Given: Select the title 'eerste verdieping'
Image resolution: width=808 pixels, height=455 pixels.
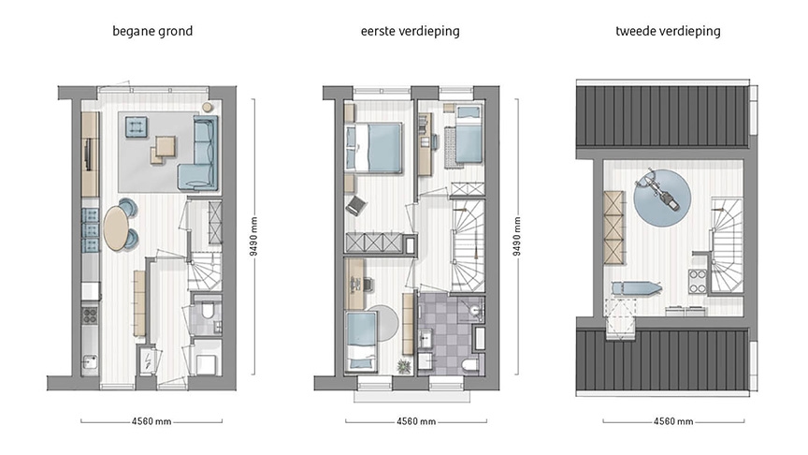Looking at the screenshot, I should click(x=410, y=31).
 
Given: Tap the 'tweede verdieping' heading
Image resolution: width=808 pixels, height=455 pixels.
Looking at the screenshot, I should click(x=668, y=31).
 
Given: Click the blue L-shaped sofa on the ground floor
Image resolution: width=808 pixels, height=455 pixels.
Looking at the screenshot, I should click(x=200, y=154).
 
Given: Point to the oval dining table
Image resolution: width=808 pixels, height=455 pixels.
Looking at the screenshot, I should click(x=117, y=227).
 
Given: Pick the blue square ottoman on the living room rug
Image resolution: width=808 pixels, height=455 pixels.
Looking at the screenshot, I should click(x=137, y=125).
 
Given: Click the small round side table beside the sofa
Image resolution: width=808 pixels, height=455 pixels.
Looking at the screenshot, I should click(x=207, y=107).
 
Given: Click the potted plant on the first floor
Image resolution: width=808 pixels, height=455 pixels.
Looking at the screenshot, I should click(x=404, y=365).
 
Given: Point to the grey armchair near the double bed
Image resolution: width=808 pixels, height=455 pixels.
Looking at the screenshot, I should click(x=355, y=205).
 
